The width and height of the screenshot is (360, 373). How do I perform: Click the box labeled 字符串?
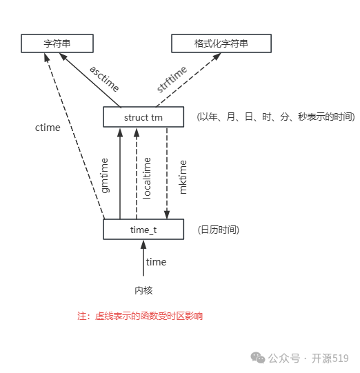(57, 43)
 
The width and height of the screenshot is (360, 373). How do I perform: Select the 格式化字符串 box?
(221, 43)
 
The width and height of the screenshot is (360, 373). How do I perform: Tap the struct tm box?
(143, 117)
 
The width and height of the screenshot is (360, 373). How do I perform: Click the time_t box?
(143, 229)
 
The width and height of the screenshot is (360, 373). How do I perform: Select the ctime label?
(48, 128)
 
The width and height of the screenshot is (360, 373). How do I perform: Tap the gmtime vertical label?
(106, 175)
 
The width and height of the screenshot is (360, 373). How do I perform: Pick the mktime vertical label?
(183, 177)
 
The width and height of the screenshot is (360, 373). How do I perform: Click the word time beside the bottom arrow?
(156, 262)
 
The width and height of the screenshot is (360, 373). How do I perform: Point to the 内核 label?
(143, 290)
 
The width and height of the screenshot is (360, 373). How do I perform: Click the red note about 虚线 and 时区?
(140, 316)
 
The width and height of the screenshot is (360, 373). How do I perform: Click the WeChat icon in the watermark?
(258, 358)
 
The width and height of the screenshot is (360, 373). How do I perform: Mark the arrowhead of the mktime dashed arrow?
(167, 214)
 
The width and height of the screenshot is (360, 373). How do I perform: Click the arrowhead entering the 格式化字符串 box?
(200, 57)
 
